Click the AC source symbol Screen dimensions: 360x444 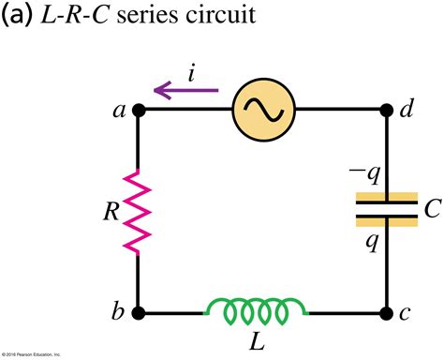pos(259,110)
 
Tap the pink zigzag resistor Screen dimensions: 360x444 pos(139,211)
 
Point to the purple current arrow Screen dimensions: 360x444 pos(185,91)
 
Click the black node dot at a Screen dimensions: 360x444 pos(139,110)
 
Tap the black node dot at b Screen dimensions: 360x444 pos(139,313)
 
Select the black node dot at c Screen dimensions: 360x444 pos(385,313)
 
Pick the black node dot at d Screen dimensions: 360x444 pos(385,110)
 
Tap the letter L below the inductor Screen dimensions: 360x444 pos(257,341)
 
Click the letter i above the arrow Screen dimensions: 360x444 pos(191,71)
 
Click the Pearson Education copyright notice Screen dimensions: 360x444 pos(32,354)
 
